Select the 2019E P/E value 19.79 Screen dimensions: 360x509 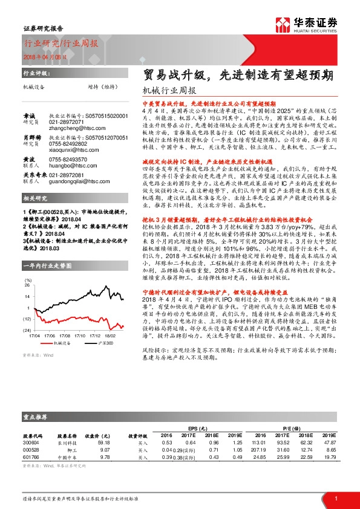tap(327, 458)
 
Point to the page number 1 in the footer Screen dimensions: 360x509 tap(336, 498)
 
